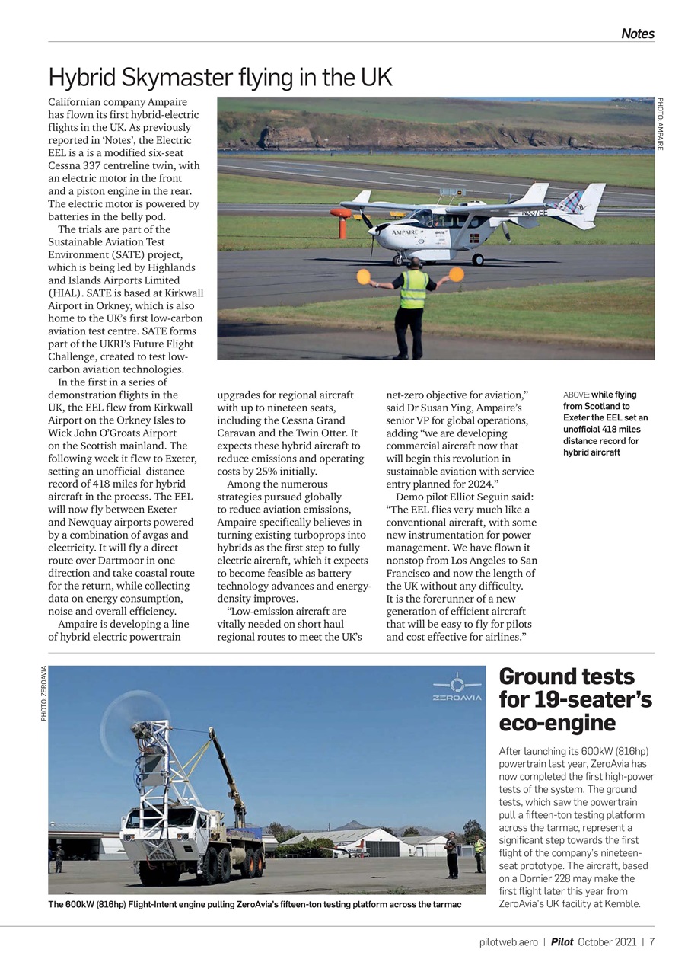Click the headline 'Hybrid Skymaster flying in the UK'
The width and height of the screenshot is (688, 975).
click(x=221, y=78)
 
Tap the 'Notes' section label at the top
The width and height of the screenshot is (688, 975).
click(x=637, y=34)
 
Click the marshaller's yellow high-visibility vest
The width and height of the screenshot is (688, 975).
click(x=413, y=289)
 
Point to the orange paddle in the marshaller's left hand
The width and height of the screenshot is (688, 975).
click(x=457, y=274)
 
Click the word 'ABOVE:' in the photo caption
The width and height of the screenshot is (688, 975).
click(x=576, y=395)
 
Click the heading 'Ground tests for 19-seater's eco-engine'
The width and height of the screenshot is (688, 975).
click(x=575, y=699)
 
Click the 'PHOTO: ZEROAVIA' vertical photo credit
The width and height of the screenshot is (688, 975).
click(x=44, y=693)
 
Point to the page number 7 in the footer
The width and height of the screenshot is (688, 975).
click(x=652, y=941)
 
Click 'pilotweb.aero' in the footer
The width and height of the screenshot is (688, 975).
click(x=508, y=941)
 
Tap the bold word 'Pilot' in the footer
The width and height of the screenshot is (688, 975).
click(x=562, y=941)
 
